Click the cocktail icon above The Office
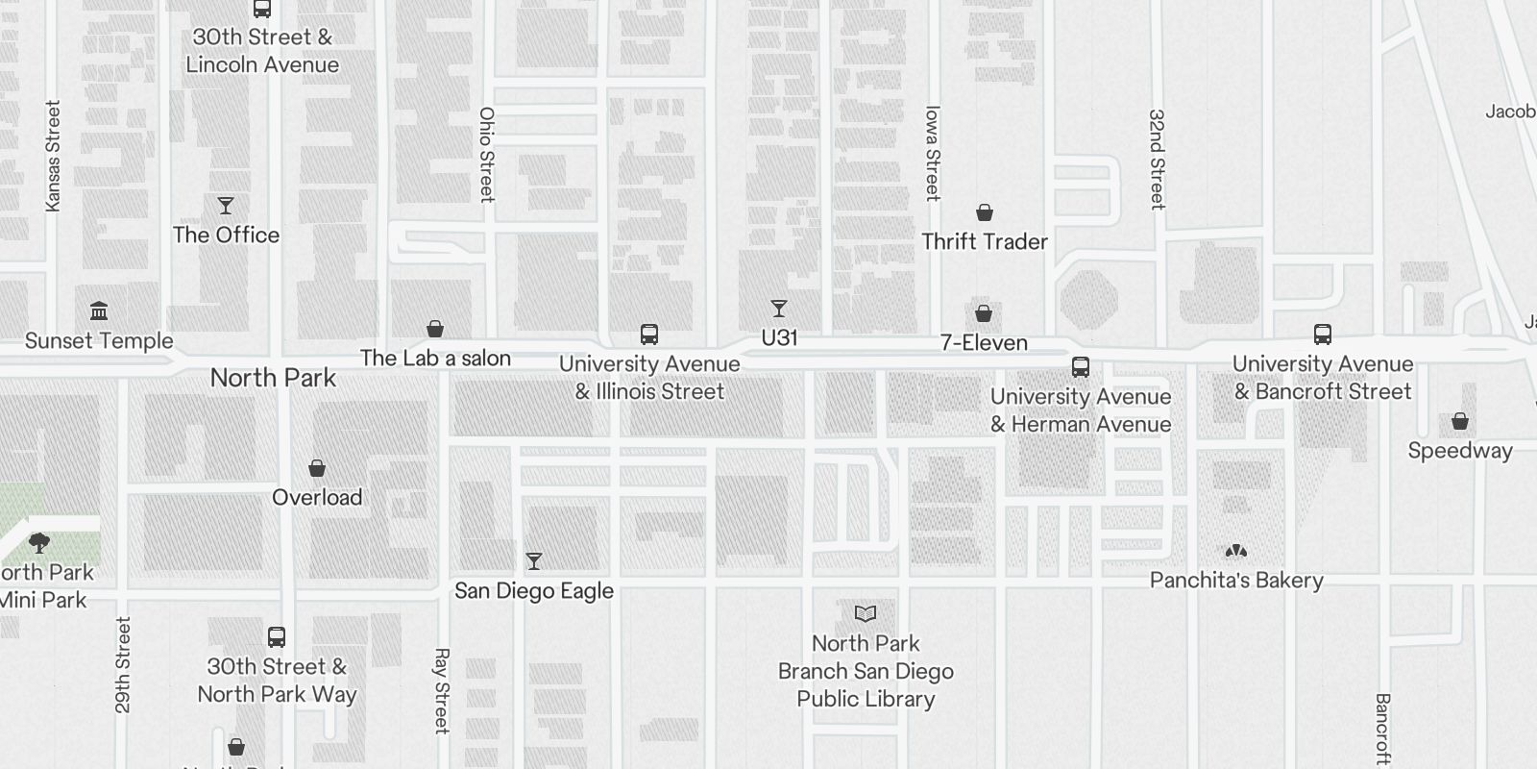(226, 206)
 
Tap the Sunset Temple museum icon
(99, 310)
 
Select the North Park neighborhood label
(273, 378)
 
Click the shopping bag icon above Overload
(317, 468)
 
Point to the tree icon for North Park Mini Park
(39, 543)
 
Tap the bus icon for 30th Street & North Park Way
(277, 636)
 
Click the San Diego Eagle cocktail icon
(534, 560)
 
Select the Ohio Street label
(487, 154)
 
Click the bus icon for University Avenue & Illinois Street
(649, 335)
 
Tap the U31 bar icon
(779, 309)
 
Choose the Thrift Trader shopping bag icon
(985, 212)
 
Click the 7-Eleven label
(984, 342)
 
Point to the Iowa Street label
(932, 153)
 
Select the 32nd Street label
(1158, 159)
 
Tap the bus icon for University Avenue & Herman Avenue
(1081, 367)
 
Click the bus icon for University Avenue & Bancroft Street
(1323, 335)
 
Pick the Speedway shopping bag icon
(1460, 421)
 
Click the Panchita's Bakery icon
(1236, 551)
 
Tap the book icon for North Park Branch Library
(866, 613)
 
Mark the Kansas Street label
(53, 156)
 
